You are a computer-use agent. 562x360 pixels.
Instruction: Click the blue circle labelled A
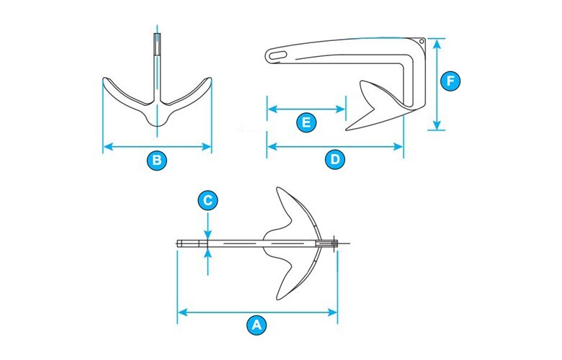coord(257,325)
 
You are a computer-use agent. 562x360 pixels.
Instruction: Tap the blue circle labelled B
coord(157,160)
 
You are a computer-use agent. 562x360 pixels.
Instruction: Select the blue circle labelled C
coord(208,201)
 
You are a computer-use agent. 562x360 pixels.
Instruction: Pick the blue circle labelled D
coord(335,159)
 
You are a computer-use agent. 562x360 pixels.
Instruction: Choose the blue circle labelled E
coord(306,122)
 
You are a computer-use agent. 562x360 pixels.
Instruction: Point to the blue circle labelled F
coord(450,81)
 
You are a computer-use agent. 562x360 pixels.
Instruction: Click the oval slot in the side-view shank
coord(278,55)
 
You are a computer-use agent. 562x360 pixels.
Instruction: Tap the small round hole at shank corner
coord(421,41)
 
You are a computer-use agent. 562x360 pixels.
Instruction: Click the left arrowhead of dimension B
coord(108,146)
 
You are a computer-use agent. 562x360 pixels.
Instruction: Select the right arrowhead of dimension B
coord(207,146)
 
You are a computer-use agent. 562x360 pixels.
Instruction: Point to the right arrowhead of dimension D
coord(398,146)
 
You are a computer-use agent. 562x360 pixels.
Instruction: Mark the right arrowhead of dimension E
coord(341,109)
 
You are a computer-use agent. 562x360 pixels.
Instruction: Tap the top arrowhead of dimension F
coord(437,44)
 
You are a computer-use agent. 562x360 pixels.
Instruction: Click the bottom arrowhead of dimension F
coord(437,125)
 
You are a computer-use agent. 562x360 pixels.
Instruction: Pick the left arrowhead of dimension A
coord(183,312)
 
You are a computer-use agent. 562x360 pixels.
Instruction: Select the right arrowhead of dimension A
coord(333,312)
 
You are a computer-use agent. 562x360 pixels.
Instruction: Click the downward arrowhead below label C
coord(208,235)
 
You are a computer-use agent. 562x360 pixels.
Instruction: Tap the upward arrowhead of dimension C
coord(208,252)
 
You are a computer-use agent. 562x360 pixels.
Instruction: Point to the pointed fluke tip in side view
coord(347,130)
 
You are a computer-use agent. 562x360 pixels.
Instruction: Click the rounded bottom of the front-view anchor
coord(157,124)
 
